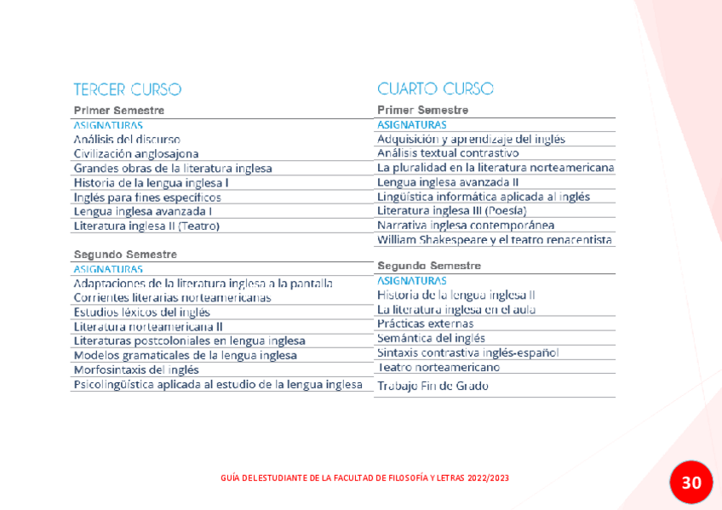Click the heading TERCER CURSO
[127, 89]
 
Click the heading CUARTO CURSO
[435, 89]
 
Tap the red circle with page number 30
[690, 483]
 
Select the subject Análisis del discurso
[127, 139]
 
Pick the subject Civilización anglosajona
[136, 153]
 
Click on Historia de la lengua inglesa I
[151, 182]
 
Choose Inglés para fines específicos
[147, 197]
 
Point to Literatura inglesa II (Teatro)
[146, 226]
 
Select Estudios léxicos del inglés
[141, 312]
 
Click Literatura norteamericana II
[148, 326]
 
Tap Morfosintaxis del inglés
[136, 370]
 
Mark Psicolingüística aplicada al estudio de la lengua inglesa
[218, 384]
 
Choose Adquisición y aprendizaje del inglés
[471, 139]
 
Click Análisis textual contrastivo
[448, 153]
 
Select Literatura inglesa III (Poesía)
[452, 210]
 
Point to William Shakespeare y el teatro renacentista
[495, 239]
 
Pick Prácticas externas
[426, 324]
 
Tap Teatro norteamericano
[438, 367]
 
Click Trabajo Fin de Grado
[433, 386]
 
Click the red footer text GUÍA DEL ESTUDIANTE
[364, 478]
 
